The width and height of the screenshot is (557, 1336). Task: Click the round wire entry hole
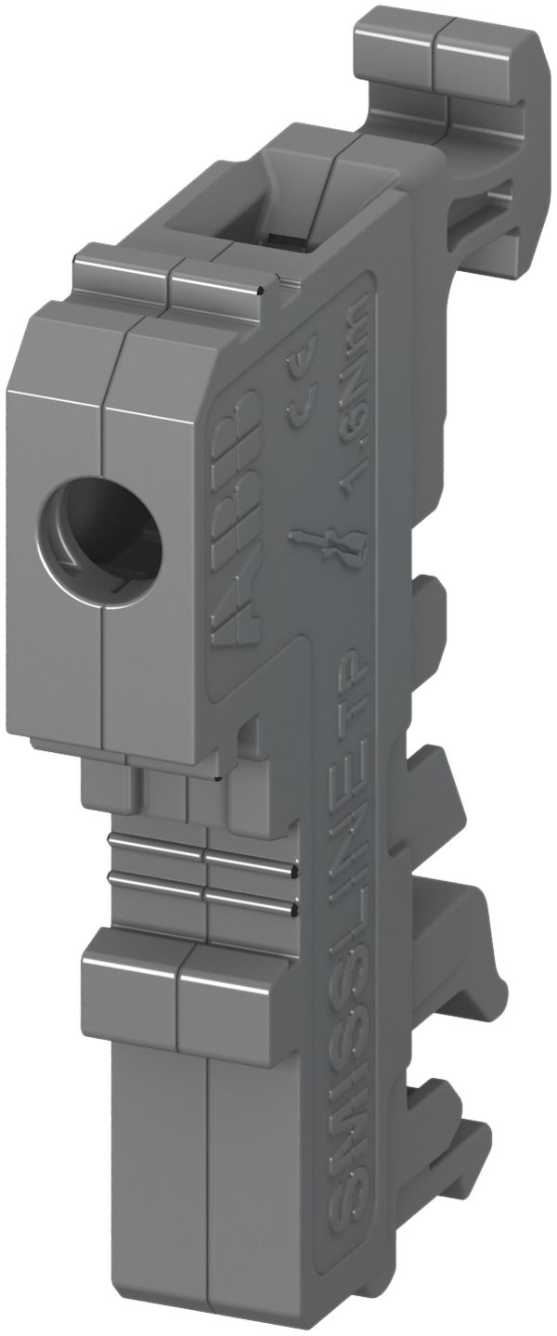(100, 530)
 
